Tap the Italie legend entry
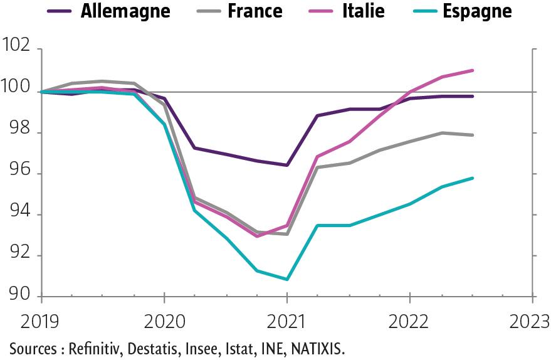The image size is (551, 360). point(364,11)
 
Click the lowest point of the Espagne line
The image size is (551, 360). point(286,279)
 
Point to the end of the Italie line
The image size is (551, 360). point(473,70)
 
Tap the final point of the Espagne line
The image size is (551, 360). point(473,178)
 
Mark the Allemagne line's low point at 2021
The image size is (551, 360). point(286,165)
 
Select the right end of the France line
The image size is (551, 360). point(473,135)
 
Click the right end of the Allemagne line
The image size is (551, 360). point(473,96)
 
